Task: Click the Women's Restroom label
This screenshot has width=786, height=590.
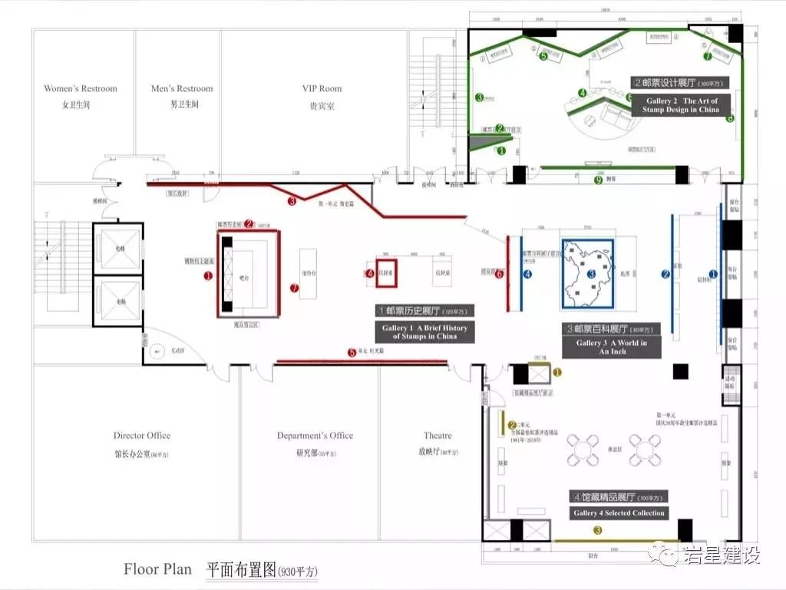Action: coord(81,89)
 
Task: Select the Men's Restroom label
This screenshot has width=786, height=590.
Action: coord(182,89)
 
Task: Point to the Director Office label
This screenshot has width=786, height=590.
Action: coord(142,436)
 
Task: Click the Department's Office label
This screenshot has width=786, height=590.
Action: coord(315,436)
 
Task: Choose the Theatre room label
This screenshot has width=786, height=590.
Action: coord(438,436)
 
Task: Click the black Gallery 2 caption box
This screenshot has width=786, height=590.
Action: coord(681,105)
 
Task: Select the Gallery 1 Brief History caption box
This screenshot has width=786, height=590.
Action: coord(424,332)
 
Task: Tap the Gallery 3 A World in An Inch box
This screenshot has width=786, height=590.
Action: coord(612,347)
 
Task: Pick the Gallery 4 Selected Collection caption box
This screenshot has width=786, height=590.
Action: coord(619,512)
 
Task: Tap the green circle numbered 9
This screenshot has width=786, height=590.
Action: coord(598,180)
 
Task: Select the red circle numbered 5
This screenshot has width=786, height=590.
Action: coord(352,353)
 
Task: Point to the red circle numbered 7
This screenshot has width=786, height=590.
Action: coord(294,288)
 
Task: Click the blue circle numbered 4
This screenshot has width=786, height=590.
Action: coord(527,273)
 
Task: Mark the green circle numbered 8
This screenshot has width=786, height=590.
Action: coord(730,118)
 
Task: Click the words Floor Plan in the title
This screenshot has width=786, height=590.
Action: coord(157,569)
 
